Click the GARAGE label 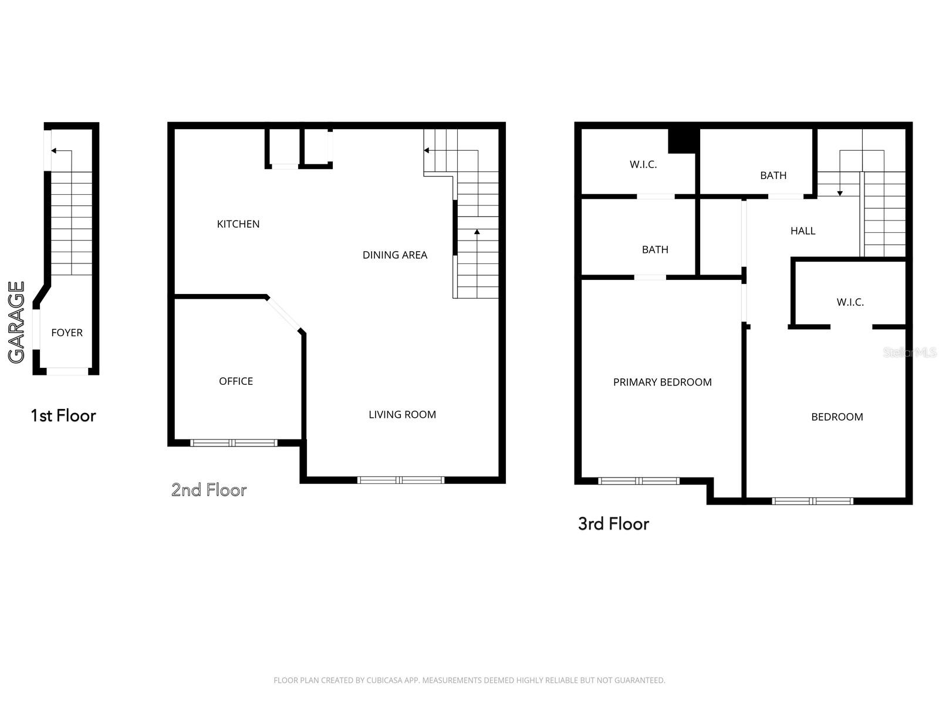16,322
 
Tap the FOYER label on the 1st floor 67,333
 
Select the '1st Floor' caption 63,415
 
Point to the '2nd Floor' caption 209,490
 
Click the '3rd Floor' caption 613,524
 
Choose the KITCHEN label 238,224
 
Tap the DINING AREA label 395,255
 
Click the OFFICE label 236,381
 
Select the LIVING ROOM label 403,414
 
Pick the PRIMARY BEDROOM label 662,382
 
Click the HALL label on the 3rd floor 802,231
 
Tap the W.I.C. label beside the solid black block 643,165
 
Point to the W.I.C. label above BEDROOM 850,302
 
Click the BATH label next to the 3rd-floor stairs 773,175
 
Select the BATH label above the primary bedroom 655,250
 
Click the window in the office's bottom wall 234,443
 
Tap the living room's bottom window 400,480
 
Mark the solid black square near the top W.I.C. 684,141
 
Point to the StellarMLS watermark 910,352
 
